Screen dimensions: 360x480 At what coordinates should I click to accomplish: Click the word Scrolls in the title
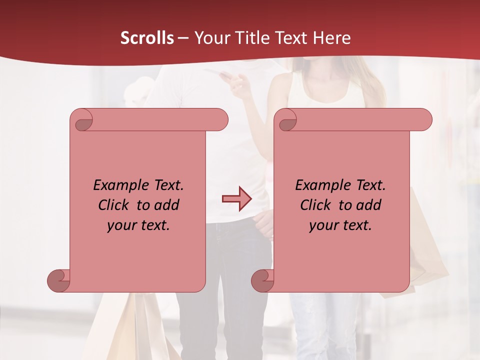[147, 38]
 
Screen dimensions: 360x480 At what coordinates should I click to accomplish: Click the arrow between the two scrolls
[236, 199]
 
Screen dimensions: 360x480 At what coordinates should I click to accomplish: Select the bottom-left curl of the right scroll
[263, 280]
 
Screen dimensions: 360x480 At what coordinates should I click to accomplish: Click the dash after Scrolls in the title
[183, 38]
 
